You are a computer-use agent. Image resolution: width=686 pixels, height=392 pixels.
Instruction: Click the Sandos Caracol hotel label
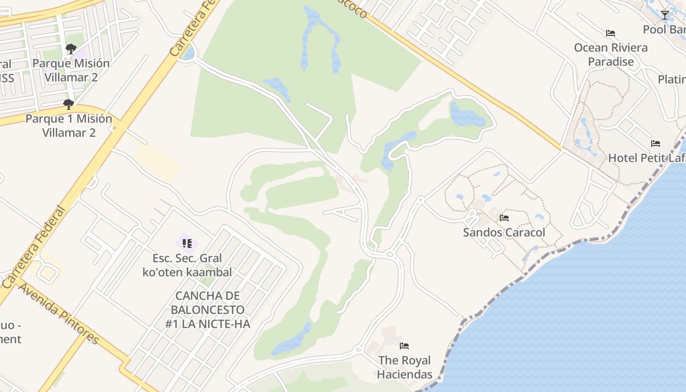click(504, 232)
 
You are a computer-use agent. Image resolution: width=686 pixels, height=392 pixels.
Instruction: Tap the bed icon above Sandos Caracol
click(504, 218)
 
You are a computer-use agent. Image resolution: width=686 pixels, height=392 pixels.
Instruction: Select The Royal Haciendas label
click(405, 367)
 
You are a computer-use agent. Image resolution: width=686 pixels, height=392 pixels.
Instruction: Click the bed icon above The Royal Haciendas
click(404, 346)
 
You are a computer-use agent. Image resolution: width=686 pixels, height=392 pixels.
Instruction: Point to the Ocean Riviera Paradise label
click(611, 54)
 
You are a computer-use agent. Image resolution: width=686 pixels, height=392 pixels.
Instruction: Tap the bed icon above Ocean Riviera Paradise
click(610, 33)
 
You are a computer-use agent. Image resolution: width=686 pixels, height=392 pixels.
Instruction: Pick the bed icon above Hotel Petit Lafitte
click(656, 144)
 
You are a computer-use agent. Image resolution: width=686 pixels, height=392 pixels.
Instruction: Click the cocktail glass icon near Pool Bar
click(665, 15)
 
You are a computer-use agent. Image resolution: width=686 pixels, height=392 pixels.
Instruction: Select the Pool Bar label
click(664, 29)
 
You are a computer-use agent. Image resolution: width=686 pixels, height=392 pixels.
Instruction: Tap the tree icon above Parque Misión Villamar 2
click(71, 49)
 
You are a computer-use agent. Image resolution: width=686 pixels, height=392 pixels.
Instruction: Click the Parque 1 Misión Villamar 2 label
click(69, 125)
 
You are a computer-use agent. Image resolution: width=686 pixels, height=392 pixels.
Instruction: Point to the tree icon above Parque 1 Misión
click(69, 104)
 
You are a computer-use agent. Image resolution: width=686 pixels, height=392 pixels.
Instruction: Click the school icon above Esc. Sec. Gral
click(187, 243)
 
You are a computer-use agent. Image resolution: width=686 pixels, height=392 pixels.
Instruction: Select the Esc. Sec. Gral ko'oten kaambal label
click(187, 265)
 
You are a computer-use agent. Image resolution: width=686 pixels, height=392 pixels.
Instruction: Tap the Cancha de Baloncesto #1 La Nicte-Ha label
click(208, 310)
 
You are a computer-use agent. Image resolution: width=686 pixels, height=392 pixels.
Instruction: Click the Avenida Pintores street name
click(59, 314)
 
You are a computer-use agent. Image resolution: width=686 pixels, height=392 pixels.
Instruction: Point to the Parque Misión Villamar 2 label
click(71, 70)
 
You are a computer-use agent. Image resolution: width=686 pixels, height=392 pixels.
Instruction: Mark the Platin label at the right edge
click(671, 79)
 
